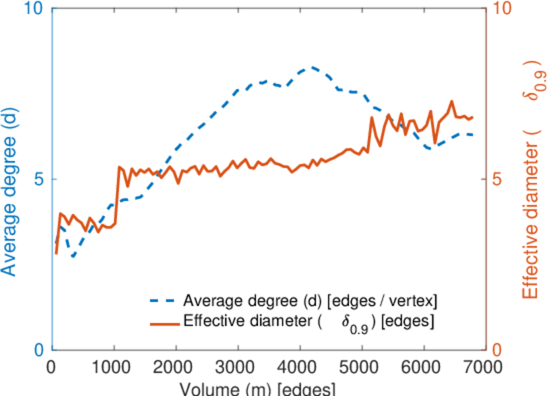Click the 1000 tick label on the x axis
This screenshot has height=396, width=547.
click(x=114, y=368)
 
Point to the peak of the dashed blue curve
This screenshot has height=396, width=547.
click(x=311, y=67)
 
